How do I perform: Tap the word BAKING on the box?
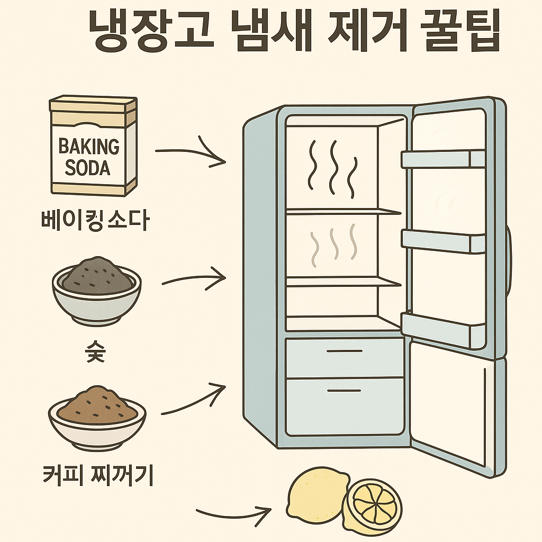click(89, 146)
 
